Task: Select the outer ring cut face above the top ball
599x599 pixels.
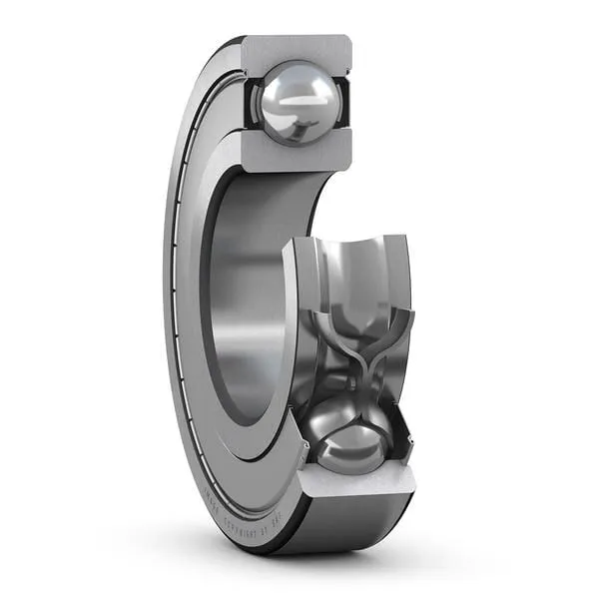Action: click(x=296, y=48)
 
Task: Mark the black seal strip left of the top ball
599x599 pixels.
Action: click(x=246, y=100)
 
